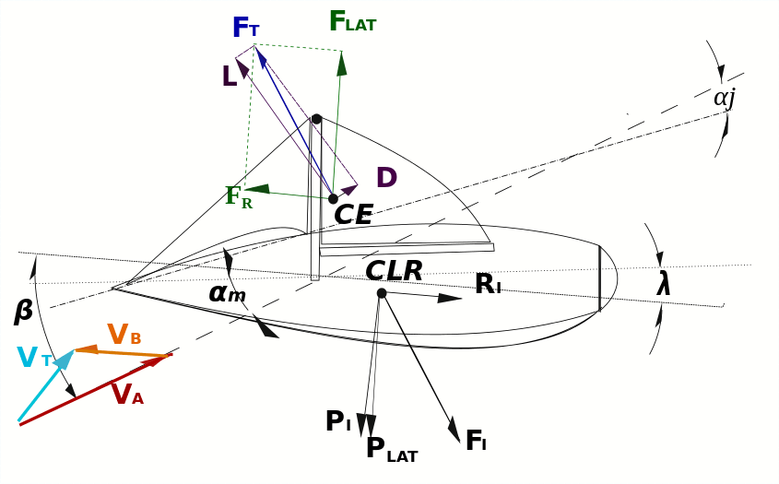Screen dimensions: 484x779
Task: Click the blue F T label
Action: [245, 29]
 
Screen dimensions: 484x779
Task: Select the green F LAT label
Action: [352, 22]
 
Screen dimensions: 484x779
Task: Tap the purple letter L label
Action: [229, 77]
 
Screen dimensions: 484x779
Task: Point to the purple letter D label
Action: [386, 178]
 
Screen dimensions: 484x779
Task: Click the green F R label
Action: [238, 196]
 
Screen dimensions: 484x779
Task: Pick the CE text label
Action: [353, 216]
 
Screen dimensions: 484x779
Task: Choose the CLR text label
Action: [394, 271]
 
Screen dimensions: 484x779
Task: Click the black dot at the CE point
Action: [333, 198]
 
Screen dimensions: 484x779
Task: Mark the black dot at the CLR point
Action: [382, 293]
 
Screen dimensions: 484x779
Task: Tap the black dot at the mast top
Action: [316, 119]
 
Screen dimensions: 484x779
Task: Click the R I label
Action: [488, 284]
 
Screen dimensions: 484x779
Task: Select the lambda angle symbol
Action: [663, 284]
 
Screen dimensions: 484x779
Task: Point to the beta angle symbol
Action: [24, 312]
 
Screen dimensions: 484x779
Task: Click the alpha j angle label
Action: [724, 97]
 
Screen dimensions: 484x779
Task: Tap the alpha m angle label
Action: [227, 292]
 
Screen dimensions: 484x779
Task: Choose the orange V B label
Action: [124, 336]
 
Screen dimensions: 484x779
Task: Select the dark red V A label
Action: [126, 395]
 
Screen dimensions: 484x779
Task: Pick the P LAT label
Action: [391, 449]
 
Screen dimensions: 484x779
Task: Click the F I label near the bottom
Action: [475, 442]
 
